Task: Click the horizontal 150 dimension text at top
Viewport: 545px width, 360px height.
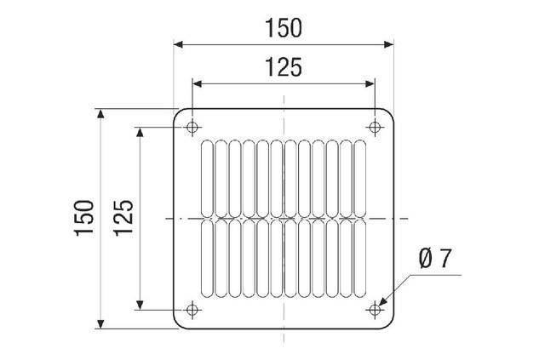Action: pos(284,27)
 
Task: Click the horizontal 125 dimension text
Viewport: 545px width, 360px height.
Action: pos(284,67)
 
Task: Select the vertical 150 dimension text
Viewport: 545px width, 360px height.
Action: pos(83,218)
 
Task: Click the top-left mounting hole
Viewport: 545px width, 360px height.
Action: pos(192,128)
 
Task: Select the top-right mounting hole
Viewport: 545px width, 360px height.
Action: pos(375,128)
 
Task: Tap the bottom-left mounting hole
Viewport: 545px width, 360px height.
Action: pos(192,309)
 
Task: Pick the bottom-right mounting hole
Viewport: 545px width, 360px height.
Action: pos(375,309)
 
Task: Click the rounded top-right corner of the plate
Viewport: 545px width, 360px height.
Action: pos(389,114)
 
